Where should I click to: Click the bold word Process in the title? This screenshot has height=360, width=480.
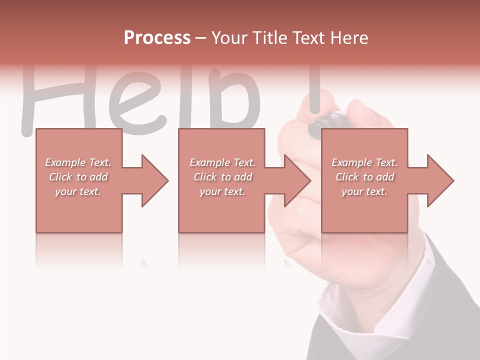pos(157,37)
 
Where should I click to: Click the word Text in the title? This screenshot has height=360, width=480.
pos(308,37)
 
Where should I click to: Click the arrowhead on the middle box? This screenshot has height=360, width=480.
pos(297,180)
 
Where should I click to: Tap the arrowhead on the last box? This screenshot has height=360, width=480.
pos(440,180)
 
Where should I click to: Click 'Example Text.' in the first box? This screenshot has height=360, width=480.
pos(78,162)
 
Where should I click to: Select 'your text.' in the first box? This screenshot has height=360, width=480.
pos(78,191)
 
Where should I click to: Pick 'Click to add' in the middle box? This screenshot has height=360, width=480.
pos(222,177)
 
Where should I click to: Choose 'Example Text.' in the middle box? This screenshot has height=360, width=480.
pos(222,162)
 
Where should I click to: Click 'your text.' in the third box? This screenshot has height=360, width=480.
pos(364,191)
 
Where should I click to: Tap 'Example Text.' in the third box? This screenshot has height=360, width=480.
pos(364,162)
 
